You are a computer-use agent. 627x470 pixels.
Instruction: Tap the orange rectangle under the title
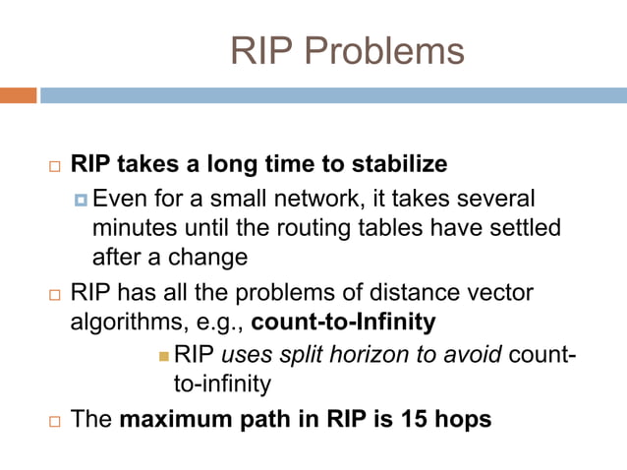18,95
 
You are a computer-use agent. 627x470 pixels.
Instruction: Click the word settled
524,228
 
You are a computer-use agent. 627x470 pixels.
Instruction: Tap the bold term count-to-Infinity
343,322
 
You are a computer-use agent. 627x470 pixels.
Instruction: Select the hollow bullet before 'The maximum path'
54,421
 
